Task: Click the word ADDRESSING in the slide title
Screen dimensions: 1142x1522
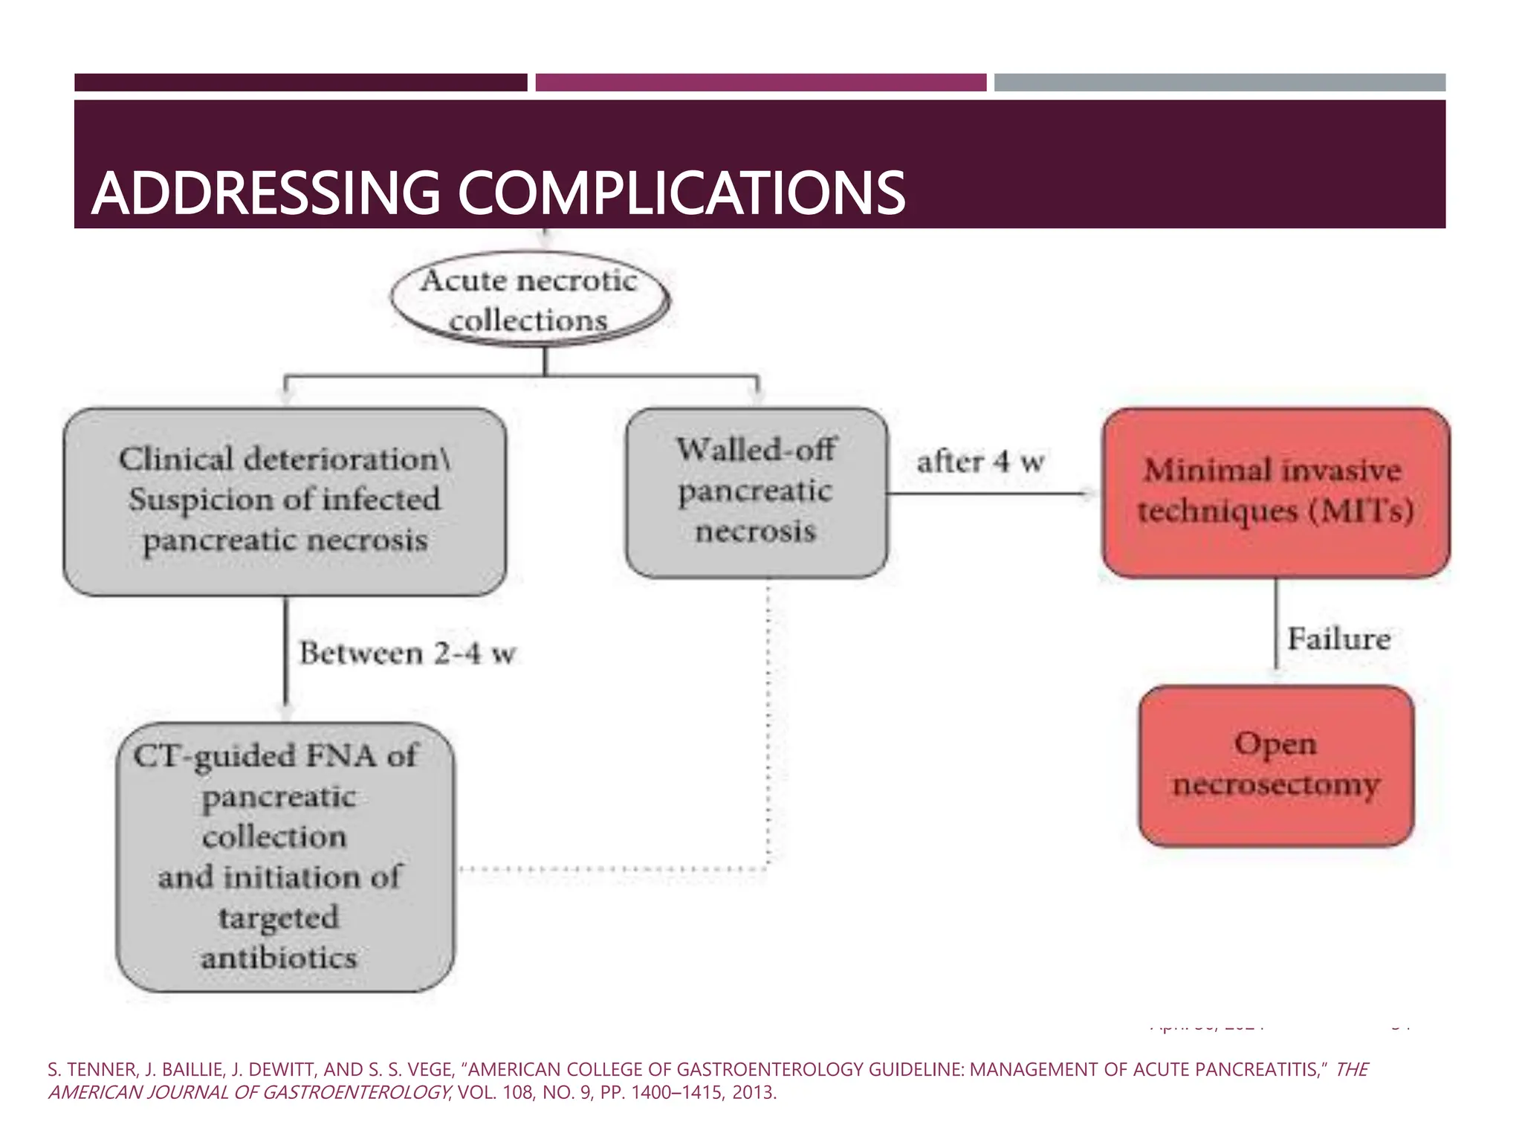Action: pyautogui.click(x=266, y=193)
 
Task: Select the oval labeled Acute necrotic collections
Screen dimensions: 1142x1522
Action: pyautogui.click(x=529, y=301)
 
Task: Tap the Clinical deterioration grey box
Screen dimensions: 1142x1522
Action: pyautogui.click(x=285, y=500)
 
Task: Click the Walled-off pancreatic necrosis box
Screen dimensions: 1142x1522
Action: pyautogui.click(x=756, y=491)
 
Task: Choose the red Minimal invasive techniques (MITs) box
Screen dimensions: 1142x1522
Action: pyautogui.click(x=1275, y=491)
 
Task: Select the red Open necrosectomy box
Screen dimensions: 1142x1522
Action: pyautogui.click(x=1275, y=764)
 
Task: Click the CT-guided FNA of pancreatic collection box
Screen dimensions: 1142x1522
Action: pyautogui.click(x=285, y=856)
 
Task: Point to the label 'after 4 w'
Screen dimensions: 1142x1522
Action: pyautogui.click(x=980, y=462)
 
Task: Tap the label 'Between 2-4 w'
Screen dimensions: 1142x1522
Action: pyautogui.click(x=407, y=654)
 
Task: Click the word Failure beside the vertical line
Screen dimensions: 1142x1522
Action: pyautogui.click(x=1338, y=639)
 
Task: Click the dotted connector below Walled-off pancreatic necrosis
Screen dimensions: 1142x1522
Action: pyautogui.click(x=768, y=729)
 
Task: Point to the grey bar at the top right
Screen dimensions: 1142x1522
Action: pyautogui.click(x=1220, y=83)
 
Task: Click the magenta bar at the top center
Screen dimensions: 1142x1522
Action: pyautogui.click(x=760, y=83)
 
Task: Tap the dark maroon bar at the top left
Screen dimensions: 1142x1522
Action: pyautogui.click(x=300, y=83)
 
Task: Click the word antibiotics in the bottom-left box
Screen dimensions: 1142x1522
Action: pyautogui.click(x=279, y=958)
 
